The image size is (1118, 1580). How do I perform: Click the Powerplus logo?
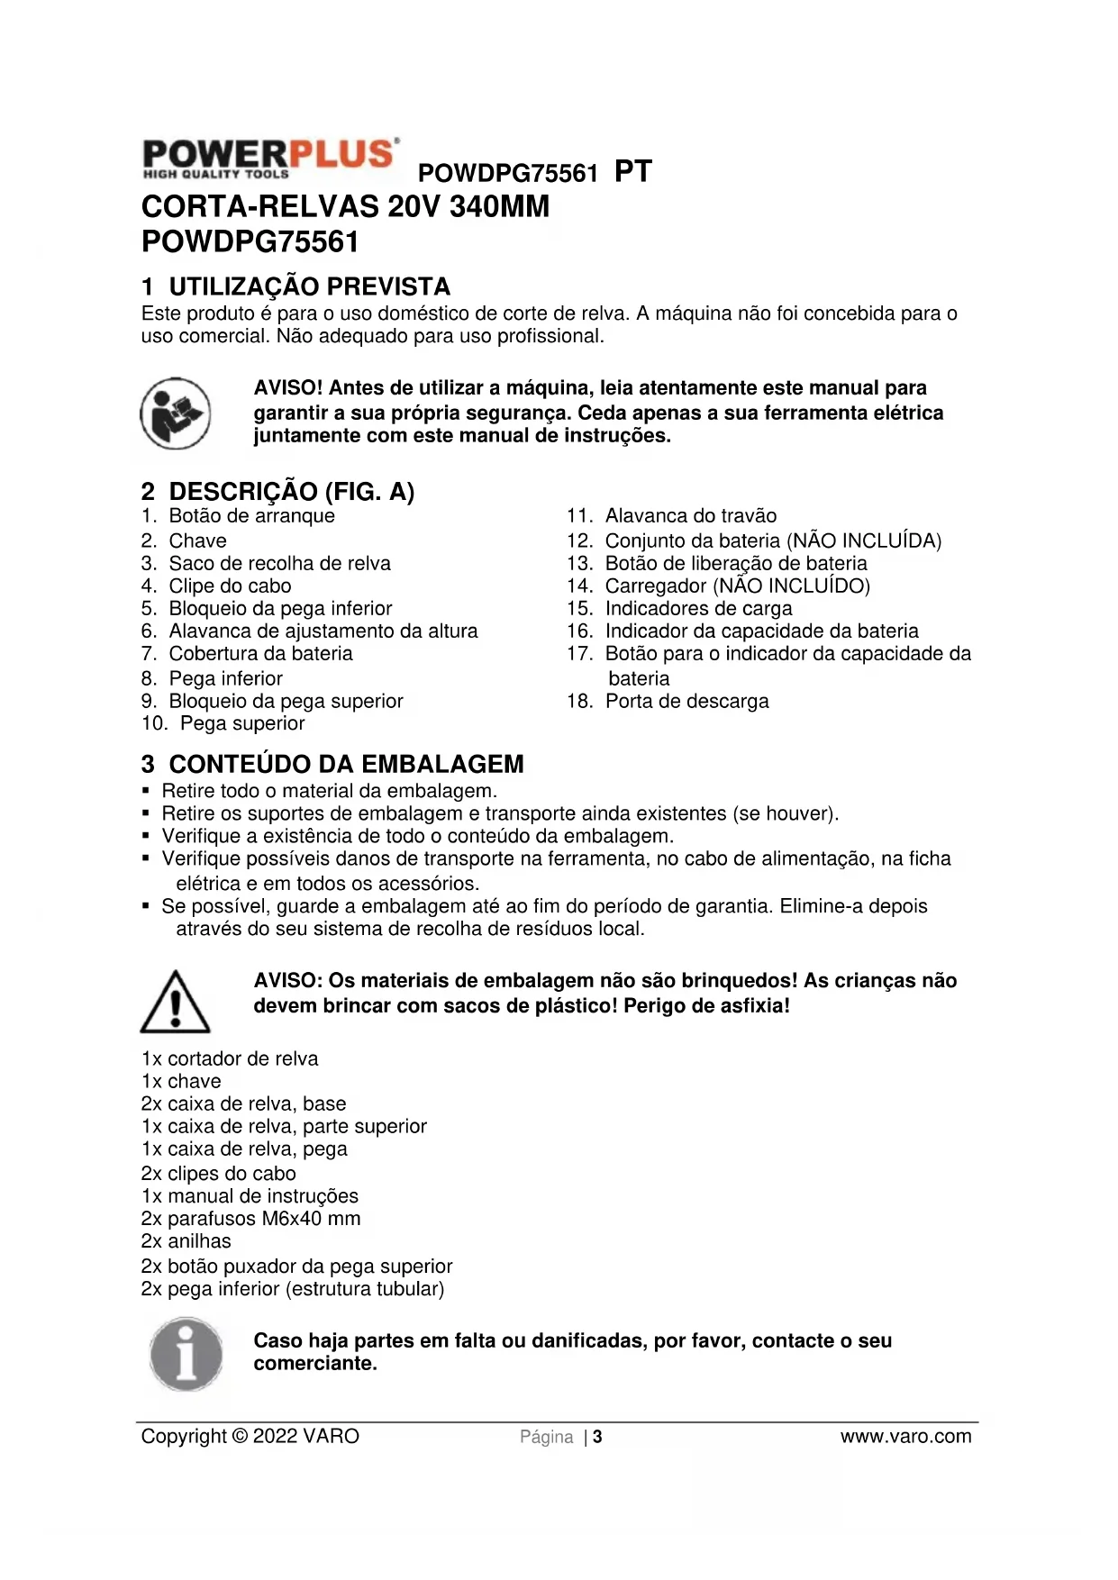pos(269,159)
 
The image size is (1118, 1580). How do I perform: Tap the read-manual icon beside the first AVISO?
pos(176,413)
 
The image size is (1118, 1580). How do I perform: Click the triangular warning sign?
pos(175,1002)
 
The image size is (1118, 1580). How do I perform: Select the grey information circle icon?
pos(186,1354)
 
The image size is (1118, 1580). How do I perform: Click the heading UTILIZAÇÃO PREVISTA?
pos(309,286)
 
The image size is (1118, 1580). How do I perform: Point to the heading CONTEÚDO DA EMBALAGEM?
pos(346,764)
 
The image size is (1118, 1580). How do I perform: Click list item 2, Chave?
pos(197,540)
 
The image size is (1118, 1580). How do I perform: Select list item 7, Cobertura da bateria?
pos(260,653)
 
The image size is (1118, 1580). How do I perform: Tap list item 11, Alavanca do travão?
pos(690,515)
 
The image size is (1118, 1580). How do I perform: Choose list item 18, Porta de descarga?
pos(686,701)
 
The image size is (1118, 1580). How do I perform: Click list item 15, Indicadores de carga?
pos(698,608)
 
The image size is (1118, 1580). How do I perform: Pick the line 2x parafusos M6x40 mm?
pos(250,1219)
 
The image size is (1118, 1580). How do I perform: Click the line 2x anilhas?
pos(186,1241)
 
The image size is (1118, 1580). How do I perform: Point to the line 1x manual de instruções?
pos(250,1196)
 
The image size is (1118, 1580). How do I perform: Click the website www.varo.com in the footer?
pos(905,1437)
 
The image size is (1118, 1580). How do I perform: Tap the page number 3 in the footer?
pos(597,1437)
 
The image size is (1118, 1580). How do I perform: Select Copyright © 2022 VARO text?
pos(250,1437)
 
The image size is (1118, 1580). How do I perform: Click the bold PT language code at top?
pos(632,171)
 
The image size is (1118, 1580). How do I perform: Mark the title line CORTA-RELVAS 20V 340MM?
pos(345,206)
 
